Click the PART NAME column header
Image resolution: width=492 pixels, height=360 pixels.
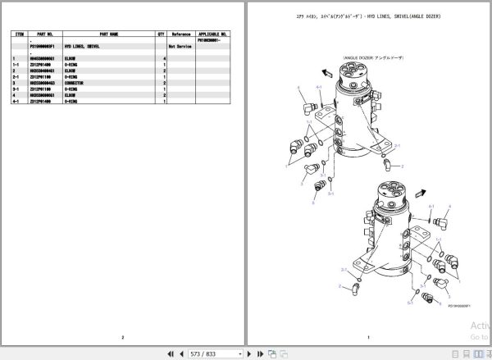108,34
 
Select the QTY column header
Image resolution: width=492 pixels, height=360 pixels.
162,34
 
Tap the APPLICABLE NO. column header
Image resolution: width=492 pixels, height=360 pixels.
213,34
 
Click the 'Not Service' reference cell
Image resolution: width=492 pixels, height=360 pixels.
181,48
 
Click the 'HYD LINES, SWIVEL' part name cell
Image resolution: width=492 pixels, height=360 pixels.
106,48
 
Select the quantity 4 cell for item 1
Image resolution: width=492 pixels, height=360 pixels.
164,59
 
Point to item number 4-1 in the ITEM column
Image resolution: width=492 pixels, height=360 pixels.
16,101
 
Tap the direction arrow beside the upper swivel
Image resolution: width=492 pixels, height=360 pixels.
326,72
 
